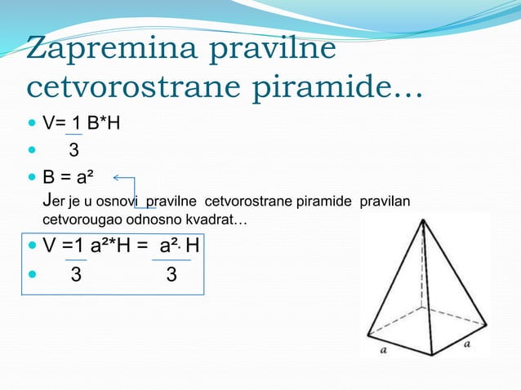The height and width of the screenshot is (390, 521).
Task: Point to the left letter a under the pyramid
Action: click(x=382, y=350)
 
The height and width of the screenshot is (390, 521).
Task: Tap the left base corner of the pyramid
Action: click(x=368, y=334)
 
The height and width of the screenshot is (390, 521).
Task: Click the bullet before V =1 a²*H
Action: click(x=32, y=246)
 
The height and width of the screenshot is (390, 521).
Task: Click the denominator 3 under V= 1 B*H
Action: click(x=73, y=150)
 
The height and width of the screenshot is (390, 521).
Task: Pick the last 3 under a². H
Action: click(x=171, y=275)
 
